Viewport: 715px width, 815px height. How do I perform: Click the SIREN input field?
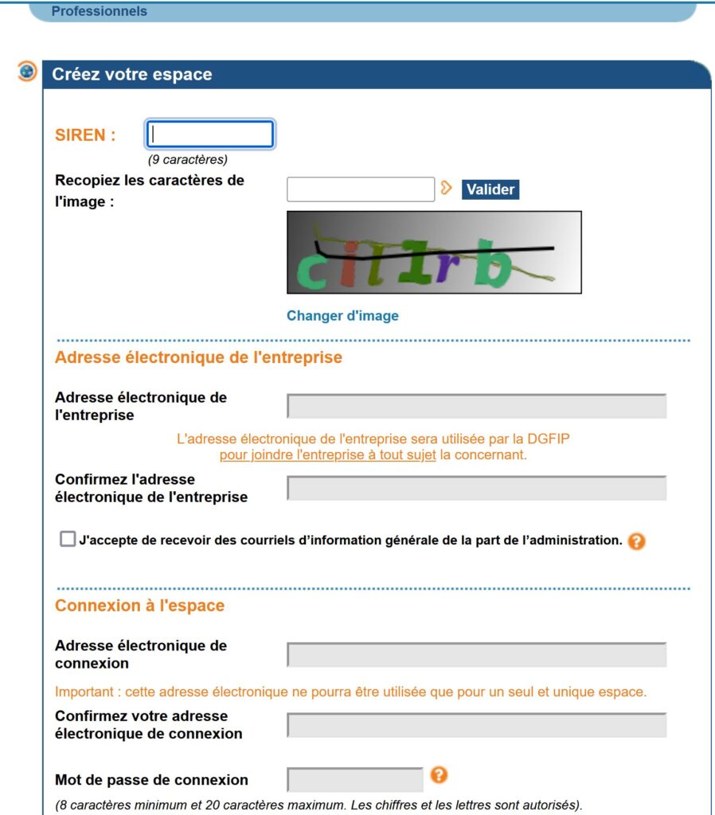tap(210, 134)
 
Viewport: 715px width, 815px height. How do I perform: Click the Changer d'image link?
tap(342, 316)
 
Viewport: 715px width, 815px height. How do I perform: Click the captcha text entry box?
tap(360, 189)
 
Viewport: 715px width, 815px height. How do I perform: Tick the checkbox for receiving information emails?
tap(67, 540)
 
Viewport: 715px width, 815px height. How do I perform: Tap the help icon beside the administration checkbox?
tap(635, 541)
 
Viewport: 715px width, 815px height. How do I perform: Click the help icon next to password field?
tap(438, 774)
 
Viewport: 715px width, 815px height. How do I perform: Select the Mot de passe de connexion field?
tap(354, 780)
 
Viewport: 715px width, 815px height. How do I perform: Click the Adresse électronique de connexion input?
tap(476, 655)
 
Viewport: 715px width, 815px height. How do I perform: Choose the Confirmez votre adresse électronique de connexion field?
tap(476, 725)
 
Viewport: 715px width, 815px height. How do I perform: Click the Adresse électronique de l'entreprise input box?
tap(476, 406)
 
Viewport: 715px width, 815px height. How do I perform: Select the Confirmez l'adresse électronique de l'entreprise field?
tap(476, 488)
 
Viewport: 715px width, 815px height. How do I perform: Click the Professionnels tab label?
tap(99, 12)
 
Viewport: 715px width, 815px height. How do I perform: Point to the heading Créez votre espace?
tap(132, 75)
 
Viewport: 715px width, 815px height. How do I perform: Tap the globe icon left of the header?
tap(27, 71)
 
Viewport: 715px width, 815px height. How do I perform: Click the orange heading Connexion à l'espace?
tap(139, 606)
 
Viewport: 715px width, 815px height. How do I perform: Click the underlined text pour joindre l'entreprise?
tap(327, 455)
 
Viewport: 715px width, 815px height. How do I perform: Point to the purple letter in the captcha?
tap(447, 267)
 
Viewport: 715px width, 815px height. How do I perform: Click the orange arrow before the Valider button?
tap(447, 188)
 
